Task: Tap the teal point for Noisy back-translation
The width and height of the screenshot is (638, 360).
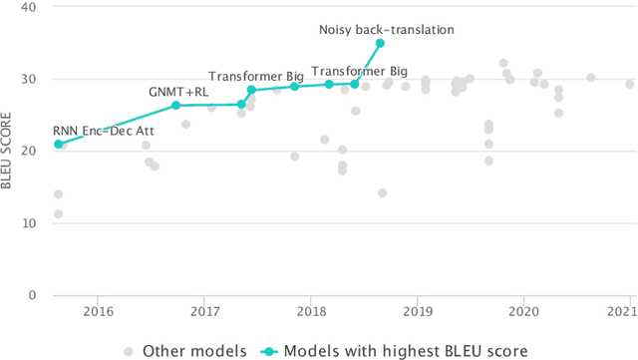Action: tap(380, 43)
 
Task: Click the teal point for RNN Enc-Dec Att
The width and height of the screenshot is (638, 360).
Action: tap(58, 144)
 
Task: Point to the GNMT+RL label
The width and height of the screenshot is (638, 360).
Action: tap(178, 92)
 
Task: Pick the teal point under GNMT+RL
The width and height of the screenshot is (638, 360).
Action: tap(175, 105)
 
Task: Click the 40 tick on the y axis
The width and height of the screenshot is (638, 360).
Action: tap(31, 7)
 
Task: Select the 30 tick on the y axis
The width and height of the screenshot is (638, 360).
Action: tap(31, 79)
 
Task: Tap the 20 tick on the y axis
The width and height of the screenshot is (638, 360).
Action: tap(31, 151)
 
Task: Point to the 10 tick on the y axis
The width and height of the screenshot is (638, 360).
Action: tap(31, 222)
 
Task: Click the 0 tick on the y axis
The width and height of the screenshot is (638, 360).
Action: tap(35, 295)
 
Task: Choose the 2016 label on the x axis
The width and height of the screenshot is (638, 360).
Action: tap(98, 311)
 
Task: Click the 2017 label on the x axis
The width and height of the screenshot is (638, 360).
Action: tap(204, 311)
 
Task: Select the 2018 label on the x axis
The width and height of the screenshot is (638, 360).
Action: tap(311, 311)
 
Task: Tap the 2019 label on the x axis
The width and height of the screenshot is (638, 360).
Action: tap(418, 311)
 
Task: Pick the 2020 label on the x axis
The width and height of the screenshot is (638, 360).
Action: tap(524, 311)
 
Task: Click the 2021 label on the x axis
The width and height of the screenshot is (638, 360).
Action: tap(625, 311)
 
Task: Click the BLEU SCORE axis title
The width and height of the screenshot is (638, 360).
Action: tap(9, 151)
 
